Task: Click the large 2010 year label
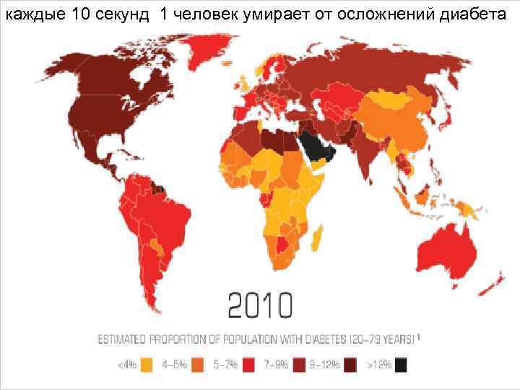(261, 306)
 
